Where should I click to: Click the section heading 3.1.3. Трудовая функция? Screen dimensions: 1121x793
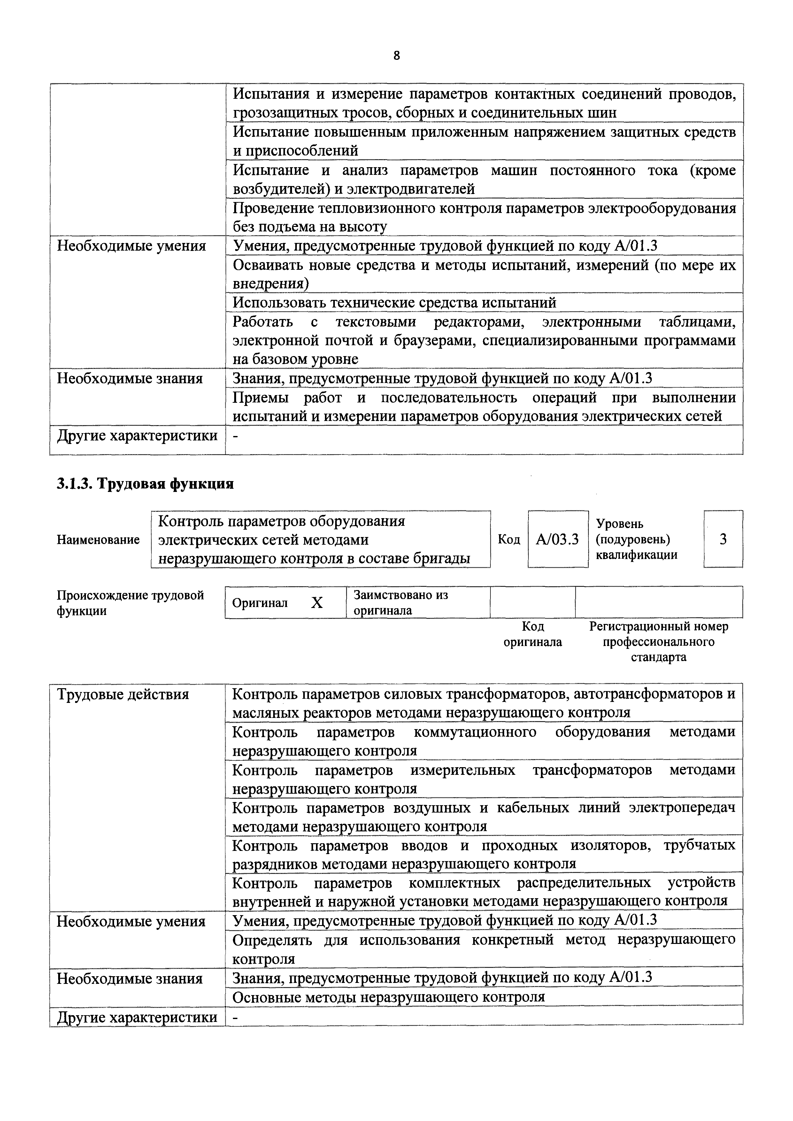click(x=145, y=484)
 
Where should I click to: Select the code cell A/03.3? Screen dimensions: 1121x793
click(x=557, y=539)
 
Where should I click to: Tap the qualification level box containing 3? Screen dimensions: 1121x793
click(x=723, y=539)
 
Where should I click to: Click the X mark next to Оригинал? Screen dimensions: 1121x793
click(x=317, y=603)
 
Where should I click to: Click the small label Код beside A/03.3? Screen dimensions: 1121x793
click(x=509, y=539)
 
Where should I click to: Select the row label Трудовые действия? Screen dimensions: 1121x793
click(x=123, y=694)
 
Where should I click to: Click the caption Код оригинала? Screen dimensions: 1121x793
click(x=533, y=634)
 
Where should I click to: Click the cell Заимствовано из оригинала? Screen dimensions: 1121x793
click(x=400, y=603)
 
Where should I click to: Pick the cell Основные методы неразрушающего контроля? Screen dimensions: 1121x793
click(x=388, y=996)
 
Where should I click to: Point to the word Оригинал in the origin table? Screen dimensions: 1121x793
click(x=260, y=603)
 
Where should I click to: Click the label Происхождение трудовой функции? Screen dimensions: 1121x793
click(x=130, y=603)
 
